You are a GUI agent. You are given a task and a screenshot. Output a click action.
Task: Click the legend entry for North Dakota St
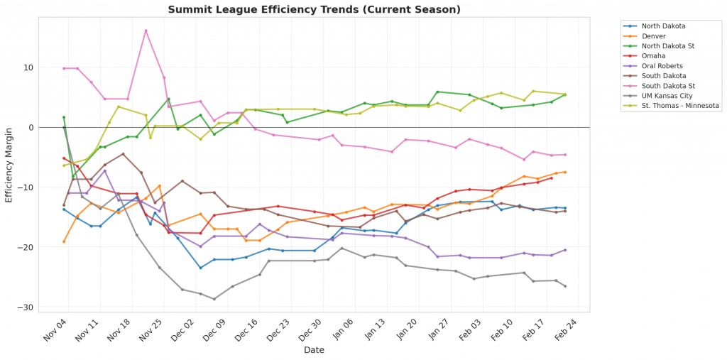click(x=667, y=46)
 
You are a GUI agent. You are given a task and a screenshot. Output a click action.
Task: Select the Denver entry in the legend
click(x=653, y=36)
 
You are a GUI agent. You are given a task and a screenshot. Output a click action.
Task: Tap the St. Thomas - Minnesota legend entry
click(x=680, y=106)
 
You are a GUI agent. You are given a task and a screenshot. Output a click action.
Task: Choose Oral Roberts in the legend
click(x=660, y=66)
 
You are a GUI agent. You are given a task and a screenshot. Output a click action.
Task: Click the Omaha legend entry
click(x=653, y=56)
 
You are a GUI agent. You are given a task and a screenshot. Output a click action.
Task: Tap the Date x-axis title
click(x=314, y=350)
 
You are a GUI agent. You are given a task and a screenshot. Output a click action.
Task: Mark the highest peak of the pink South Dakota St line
click(x=146, y=31)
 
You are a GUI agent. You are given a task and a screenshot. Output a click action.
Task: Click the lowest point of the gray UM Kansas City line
click(x=214, y=299)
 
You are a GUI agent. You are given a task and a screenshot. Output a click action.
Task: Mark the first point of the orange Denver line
click(x=64, y=241)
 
